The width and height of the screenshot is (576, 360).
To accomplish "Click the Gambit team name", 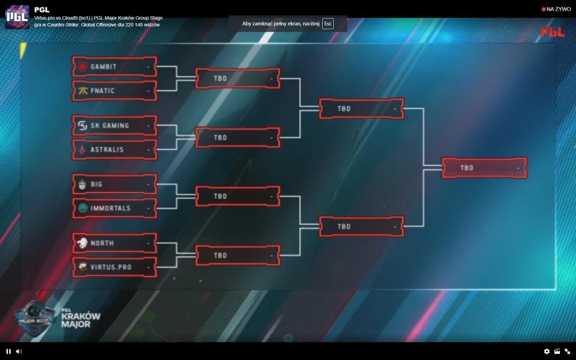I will coord(103,67).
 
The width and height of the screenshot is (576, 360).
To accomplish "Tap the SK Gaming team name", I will coord(109,126).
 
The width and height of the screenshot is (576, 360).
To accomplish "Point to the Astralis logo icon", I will coord(82,150).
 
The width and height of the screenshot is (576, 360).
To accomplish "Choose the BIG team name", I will coord(96,185).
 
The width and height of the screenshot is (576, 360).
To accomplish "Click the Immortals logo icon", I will coord(83,208).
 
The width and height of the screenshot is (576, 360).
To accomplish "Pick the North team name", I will coord(102,243).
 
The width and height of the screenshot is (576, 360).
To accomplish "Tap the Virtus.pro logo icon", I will coord(83,267).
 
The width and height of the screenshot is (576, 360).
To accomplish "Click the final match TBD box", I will coord(485,168).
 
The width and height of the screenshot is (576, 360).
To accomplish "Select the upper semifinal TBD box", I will coord(361,109).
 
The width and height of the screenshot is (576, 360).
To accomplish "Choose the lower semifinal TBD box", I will coord(361,226).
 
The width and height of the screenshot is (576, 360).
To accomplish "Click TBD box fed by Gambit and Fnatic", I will coord(238,78).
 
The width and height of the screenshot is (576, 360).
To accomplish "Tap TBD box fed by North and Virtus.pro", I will coord(238,255).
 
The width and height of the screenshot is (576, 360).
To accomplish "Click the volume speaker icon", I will coord(19,351).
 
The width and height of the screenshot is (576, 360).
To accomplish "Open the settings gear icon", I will coord(547,351).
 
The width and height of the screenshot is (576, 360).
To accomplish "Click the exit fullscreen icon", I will coord(567,351).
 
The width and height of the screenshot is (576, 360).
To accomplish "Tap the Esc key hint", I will coord(328,24).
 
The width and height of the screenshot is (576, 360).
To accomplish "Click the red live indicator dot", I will coord(544,9).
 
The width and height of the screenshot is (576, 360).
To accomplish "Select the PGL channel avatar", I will coord(17,17).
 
